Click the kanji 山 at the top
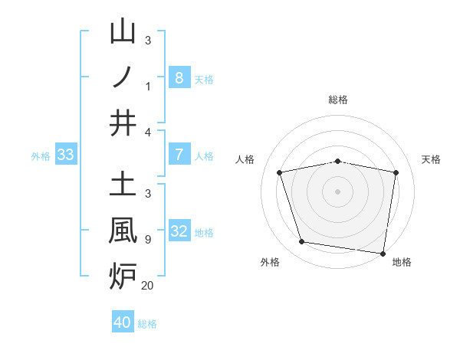tap(123, 31)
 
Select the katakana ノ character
tap(123, 77)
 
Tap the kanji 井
tap(123, 123)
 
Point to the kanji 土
tap(123, 184)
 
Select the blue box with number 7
tap(179, 155)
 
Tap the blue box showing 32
tap(179, 231)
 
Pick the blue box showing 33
tap(65, 155)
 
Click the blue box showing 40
tap(123, 322)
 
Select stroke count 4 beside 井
tap(148, 133)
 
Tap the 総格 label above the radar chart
tap(337, 100)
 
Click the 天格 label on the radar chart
tap(432, 159)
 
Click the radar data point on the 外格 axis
tap(301, 242)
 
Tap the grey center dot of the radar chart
tap(337, 191)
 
